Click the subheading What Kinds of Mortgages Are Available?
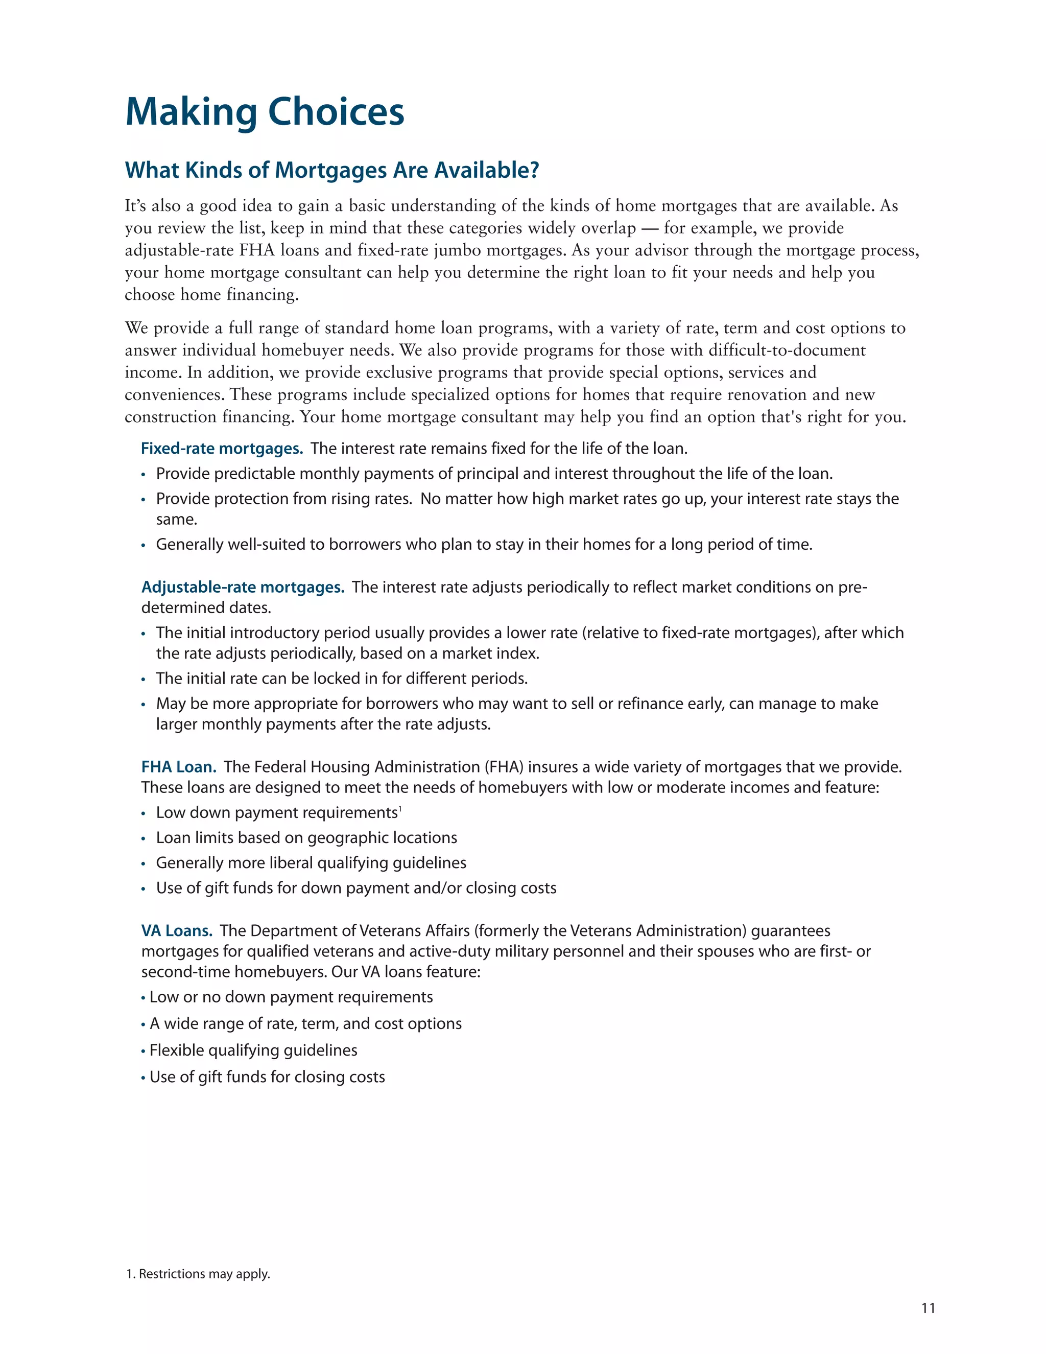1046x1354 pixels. point(332,170)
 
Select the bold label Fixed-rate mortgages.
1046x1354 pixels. point(222,448)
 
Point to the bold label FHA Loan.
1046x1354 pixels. point(178,767)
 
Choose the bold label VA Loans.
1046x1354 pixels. point(177,930)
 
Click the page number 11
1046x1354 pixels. point(928,1308)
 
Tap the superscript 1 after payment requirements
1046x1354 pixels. point(400,808)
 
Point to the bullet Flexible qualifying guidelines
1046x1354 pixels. point(253,1050)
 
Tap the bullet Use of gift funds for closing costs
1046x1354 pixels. point(267,1077)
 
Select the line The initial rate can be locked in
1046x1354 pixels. point(342,678)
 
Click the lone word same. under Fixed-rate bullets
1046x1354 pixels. point(177,520)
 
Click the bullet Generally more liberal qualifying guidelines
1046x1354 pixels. point(311,863)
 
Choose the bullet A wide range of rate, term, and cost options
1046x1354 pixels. point(305,1023)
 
